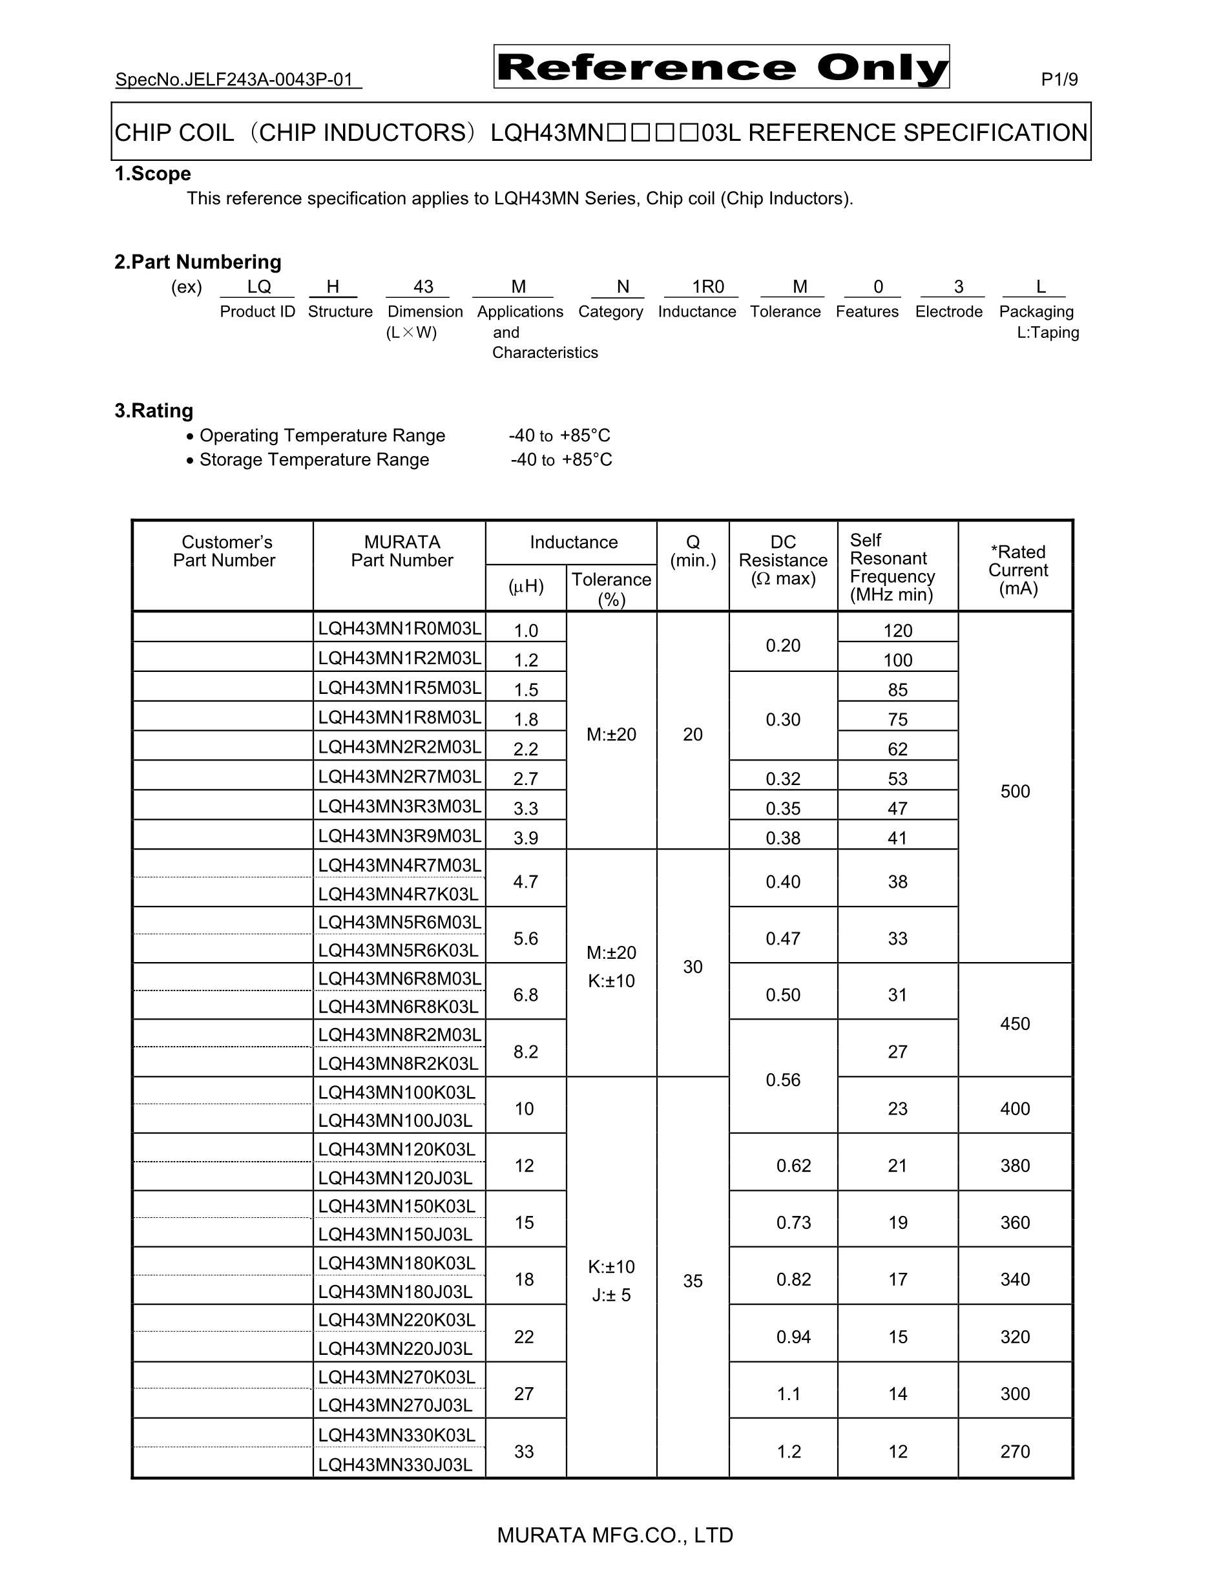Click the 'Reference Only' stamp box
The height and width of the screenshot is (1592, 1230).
721,67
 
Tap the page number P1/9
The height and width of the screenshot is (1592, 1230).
1059,79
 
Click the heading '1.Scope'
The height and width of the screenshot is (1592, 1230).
152,174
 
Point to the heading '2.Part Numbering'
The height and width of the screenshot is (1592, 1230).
198,262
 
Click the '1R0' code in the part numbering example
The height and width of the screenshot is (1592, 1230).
707,288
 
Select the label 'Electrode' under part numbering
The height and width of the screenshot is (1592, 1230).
949,312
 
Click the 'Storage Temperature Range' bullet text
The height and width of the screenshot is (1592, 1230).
314,460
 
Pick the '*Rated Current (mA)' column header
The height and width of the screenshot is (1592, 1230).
1017,570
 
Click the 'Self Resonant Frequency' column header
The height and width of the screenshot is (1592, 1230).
892,567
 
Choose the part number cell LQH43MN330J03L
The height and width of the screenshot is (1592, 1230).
395,1465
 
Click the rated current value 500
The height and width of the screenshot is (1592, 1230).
1015,791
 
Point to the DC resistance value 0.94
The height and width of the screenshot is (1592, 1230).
793,1337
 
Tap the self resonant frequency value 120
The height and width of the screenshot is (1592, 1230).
898,631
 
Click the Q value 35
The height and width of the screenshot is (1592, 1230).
693,1281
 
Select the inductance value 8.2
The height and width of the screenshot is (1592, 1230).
525,1052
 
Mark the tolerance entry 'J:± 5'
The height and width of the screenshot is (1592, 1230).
610,1295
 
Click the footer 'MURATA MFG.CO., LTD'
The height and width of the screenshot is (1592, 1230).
614,1536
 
